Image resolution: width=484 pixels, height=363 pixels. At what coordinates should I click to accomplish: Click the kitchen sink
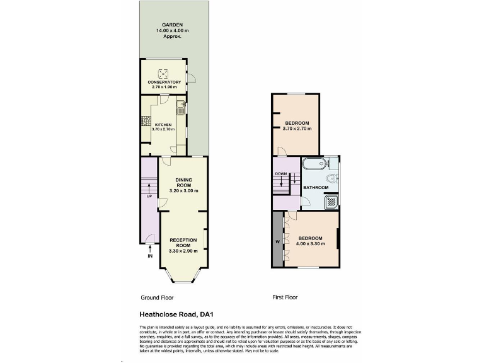click(x=180, y=105)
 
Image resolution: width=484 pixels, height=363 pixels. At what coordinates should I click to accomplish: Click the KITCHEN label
click(x=163, y=124)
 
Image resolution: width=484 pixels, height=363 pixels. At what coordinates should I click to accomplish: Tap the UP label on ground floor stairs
click(x=149, y=195)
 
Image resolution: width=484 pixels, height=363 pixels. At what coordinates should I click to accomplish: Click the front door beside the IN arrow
click(x=149, y=238)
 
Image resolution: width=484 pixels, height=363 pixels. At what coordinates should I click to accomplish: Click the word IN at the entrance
click(x=150, y=256)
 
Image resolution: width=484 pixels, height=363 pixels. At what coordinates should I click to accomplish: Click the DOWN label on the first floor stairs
click(x=280, y=174)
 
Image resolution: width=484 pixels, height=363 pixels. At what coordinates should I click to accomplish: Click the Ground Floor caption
click(x=157, y=297)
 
